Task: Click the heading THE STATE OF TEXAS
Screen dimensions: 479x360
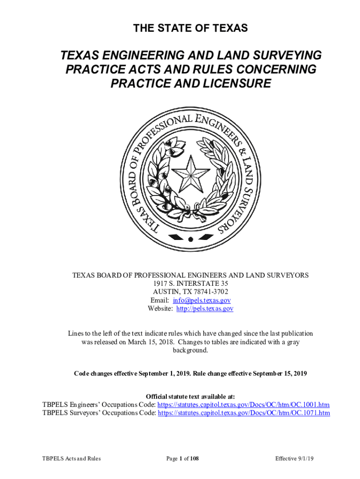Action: pos(190,29)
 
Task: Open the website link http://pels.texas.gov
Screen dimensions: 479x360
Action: pos(204,309)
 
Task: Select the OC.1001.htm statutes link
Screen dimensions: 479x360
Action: pos(244,405)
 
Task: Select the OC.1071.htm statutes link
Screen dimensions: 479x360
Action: pos(244,413)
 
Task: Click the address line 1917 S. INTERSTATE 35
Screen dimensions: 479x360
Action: pos(190,283)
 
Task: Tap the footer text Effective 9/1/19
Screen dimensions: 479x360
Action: pos(294,458)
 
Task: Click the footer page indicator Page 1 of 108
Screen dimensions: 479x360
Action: pos(183,458)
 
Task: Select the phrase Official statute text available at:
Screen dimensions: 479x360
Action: pos(190,396)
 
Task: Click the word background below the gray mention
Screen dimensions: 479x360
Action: pos(190,350)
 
